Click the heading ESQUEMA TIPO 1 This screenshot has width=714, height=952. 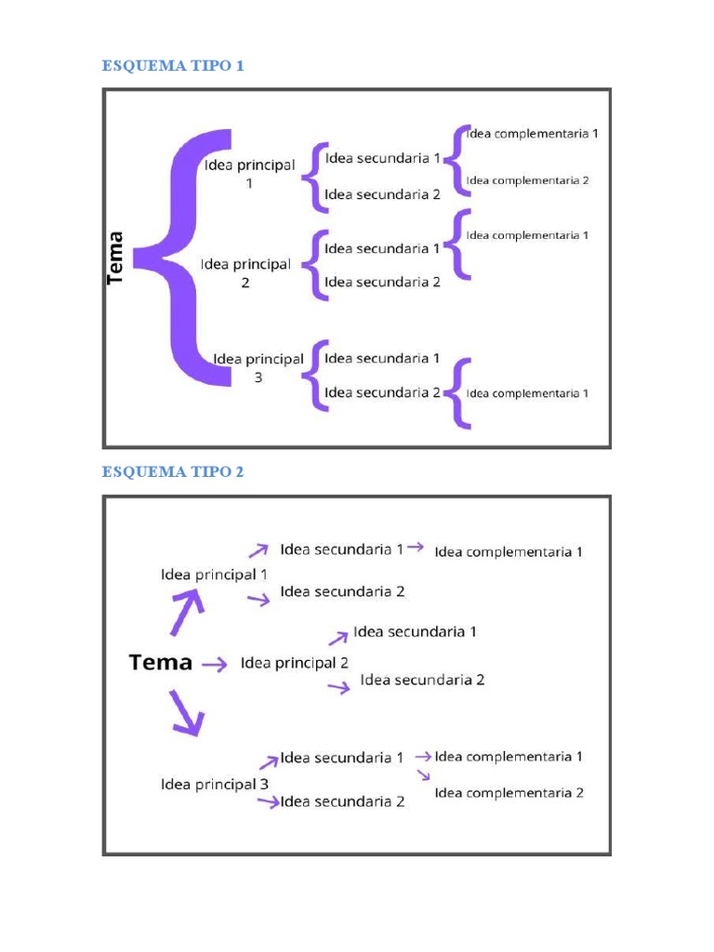tap(172, 65)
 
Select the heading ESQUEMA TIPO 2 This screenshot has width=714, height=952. tap(172, 472)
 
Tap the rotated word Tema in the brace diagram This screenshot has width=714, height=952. tap(116, 258)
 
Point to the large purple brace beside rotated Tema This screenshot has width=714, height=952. tap(186, 257)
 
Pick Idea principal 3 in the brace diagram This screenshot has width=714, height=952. tap(258, 368)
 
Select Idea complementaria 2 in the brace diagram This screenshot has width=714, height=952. tap(527, 180)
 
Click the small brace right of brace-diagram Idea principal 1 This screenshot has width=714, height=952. tap(314, 176)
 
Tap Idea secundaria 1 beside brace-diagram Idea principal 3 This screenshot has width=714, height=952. tap(382, 358)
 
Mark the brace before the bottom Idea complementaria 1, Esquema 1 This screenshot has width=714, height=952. tap(456, 393)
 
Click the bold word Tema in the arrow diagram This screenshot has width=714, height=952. tap(161, 663)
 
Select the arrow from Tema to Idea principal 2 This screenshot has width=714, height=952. tap(215, 664)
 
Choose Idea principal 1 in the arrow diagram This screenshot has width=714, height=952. tap(214, 575)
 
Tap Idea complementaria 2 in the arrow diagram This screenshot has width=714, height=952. tap(509, 793)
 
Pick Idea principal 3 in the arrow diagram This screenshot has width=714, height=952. tap(214, 785)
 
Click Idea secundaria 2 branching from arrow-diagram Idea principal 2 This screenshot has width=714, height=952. tap(422, 680)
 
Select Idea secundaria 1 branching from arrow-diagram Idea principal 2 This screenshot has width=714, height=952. tap(415, 632)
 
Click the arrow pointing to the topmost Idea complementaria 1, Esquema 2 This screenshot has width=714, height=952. tap(416, 548)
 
